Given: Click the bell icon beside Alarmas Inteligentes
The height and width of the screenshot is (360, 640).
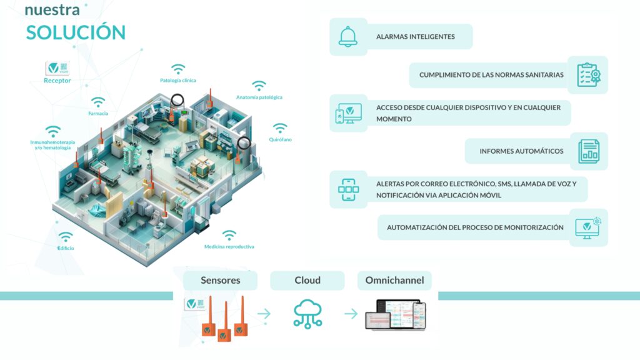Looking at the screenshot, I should pyautogui.click(x=348, y=36).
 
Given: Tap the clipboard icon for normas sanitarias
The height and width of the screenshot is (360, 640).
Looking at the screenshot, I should pyautogui.click(x=587, y=74).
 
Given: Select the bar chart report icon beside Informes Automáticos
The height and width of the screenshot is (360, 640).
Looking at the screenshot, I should pyautogui.click(x=587, y=151).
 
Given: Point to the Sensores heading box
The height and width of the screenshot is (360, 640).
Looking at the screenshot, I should pyautogui.click(x=220, y=281).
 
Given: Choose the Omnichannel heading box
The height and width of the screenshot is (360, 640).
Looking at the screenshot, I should pyautogui.click(x=394, y=281).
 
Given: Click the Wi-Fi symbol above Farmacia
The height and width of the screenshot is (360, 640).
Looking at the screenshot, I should pyautogui.click(x=97, y=102).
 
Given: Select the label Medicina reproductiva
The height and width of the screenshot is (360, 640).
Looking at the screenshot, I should pyautogui.click(x=229, y=247).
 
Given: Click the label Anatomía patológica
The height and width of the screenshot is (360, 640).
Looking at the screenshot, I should pyautogui.click(x=259, y=97).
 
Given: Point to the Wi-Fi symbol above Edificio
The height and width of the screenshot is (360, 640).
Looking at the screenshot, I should pyautogui.click(x=66, y=237).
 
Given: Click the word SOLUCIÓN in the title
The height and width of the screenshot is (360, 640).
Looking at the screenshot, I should pyautogui.click(x=76, y=32).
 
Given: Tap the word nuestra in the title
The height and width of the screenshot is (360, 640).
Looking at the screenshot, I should pyautogui.click(x=52, y=10).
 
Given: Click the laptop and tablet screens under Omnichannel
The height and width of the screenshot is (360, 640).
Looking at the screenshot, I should pyautogui.click(x=394, y=314).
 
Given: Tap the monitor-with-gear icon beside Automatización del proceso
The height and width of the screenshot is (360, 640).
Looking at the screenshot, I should pyautogui.click(x=587, y=227).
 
